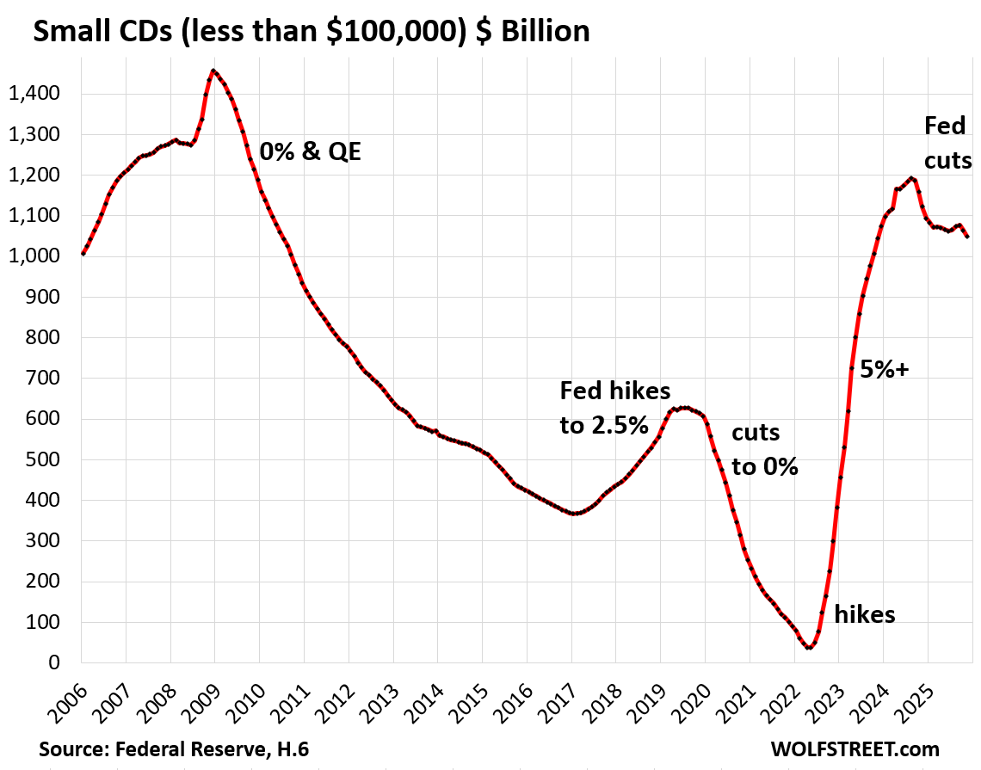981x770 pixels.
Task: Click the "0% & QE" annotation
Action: (x=310, y=153)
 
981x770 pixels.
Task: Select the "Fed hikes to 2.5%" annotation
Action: (x=614, y=407)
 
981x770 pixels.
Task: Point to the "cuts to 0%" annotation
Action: (x=765, y=450)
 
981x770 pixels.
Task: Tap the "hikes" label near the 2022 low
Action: (x=865, y=613)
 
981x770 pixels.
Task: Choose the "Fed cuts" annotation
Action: (x=947, y=143)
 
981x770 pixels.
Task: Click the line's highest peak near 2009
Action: (x=213, y=71)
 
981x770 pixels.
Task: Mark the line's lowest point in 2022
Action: (x=809, y=647)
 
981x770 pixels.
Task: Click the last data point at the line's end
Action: (x=968, y=237)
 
